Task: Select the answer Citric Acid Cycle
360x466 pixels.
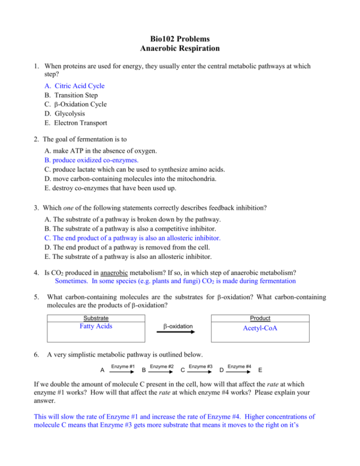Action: pos(79,86)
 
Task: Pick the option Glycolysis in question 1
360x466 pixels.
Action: pos(71,113)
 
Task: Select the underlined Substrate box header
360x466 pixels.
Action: pos(96,318)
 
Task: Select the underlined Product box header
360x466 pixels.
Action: pos(260,318)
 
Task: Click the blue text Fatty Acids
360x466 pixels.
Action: pos(96,327)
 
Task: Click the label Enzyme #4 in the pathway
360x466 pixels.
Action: pos(239,367)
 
